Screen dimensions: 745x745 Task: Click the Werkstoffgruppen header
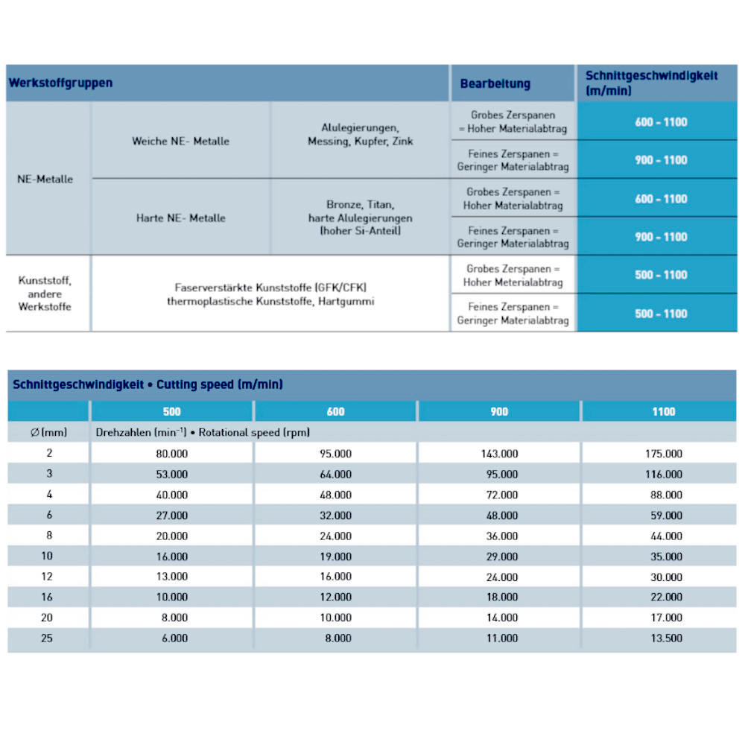coord(60,83)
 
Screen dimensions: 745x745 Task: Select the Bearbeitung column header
coord(495,83)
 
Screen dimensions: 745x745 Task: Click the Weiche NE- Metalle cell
coord(181,141)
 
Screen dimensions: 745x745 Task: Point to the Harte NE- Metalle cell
coord(181,218)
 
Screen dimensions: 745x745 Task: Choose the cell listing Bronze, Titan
coord(360,218)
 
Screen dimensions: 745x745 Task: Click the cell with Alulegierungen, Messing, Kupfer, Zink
coord(360,134)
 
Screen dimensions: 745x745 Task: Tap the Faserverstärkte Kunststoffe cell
coord(270,294)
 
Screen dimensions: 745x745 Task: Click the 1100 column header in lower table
coord(663,411)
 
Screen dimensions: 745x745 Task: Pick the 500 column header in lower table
coord(171,411)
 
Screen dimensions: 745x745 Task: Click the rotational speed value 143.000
coord(499,453)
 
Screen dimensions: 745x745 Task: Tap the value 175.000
coord(663,453)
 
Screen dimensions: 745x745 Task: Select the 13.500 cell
coord(663,638)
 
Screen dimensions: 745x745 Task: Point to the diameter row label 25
coord(47,638)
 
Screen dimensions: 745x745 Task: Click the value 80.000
coord(171,453)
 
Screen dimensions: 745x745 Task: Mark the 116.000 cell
coord(663,474)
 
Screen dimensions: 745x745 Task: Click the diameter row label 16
coord(47,597)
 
